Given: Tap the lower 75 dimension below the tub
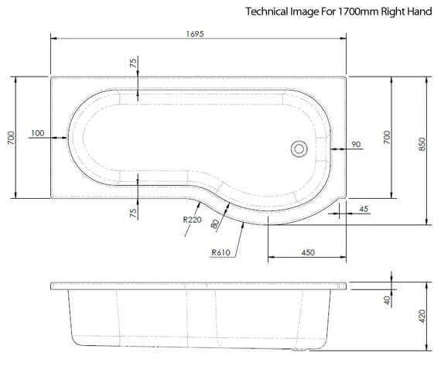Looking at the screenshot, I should click(133, 211).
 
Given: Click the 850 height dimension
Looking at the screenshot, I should click(422, 144).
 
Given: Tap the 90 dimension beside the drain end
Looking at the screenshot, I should click(356, 144).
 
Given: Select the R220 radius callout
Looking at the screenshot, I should click(192, 221).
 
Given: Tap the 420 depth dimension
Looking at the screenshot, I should click(422, 315).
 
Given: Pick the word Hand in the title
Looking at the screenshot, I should click(419, 12).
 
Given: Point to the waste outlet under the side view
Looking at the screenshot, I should click(300, 353).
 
